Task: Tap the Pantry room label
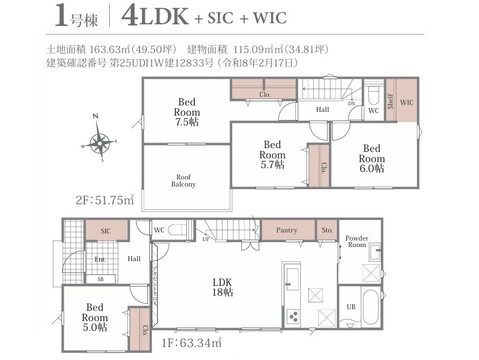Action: pyautogui.click(x=287, y=230)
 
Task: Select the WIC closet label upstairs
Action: pyautogui.click(x=406, y=103)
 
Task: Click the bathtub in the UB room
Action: pyautogui.click(x=370, y=307)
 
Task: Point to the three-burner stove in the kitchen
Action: pyautogui.click(x=293, y=317)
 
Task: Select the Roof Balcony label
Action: pyautogui.click(x=183, y=181)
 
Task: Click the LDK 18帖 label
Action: pyautogui.click(x=222, y=287)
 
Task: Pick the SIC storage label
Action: pyautogui.click(x=106, y=231)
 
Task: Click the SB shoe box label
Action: pyautogui.click(x=100, y=279)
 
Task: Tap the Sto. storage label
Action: pyautogui.click(x=327, y=230)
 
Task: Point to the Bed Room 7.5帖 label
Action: pyautogui.click(x=187, y=112)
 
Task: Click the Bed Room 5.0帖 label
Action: pyautogui.click(x=95, y=317)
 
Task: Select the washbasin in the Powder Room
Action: pyautogui.click(x=375, y=252)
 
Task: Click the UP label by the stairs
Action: pyautogui.click(x=206, y=239)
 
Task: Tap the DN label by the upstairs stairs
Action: pyautogui.click(x=352, y=104)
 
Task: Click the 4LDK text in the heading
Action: pyautogui.click(x=155, y=16)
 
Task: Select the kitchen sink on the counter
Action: pyautogui.click(x=292, y=279)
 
